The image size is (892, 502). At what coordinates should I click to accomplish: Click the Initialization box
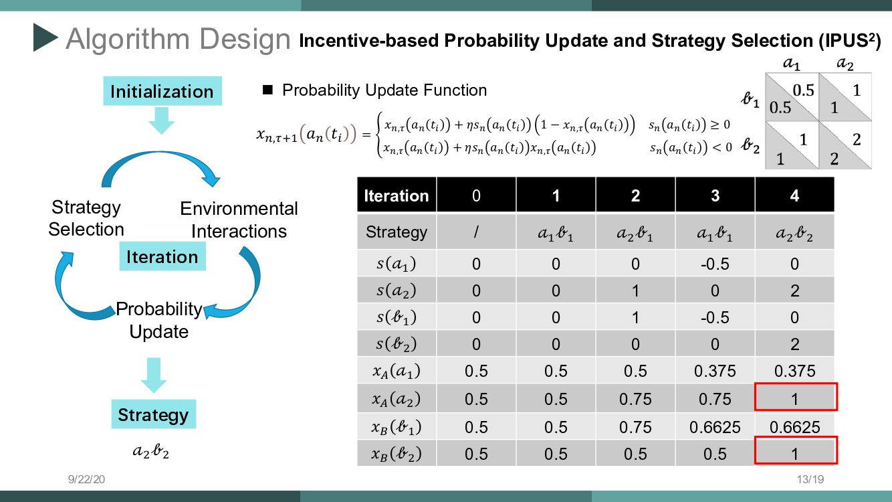coord(162,91)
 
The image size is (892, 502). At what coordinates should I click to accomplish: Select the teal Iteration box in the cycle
coord(162,256)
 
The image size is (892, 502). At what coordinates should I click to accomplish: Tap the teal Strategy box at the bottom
coord(153,414)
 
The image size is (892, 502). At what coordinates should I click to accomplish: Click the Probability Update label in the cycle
coord(159,320)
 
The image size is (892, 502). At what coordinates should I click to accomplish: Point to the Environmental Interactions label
coord(239,220)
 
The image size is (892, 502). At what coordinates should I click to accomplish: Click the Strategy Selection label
coord(86,218)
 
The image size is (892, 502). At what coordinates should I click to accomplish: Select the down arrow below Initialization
coord(161,121)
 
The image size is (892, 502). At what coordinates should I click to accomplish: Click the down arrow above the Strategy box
coord(154,375)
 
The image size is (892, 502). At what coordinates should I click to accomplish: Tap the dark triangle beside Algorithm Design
coord(45,37)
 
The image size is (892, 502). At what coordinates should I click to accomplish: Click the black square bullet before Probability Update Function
coord(267,90)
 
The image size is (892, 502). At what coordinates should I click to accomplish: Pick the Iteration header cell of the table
coord(397,195)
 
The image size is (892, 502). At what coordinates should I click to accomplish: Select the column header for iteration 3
coord(715,195)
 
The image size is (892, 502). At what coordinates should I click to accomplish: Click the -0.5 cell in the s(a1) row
coord(715,264)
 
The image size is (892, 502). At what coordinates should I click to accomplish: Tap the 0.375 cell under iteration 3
coord(715,371)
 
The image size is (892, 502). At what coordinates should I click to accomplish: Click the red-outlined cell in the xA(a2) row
coord(796,397)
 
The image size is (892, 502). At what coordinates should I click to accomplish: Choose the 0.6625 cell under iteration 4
coord(794,427)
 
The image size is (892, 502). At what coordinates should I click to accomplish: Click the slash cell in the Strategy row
coord(476,232)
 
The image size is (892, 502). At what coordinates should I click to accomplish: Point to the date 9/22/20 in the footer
coord(86,479)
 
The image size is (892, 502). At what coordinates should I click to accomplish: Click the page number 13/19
coord(810,479)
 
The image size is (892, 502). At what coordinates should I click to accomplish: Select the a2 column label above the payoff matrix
coord(845,63)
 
